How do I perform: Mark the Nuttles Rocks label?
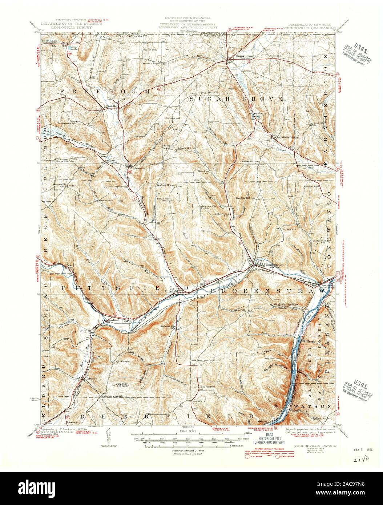tap(166, 185)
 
